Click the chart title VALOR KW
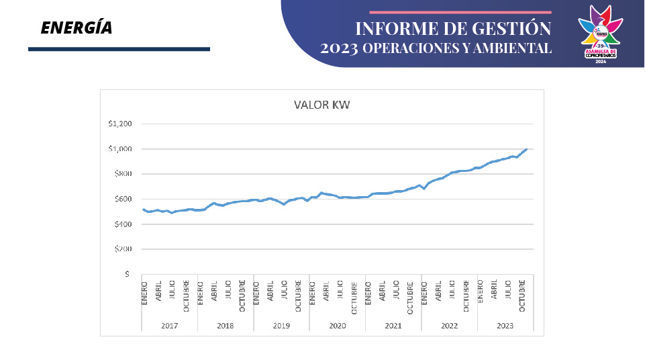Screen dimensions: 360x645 (321, 105)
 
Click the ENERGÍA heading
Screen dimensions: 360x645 (76, 28)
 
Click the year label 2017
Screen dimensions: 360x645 (169, 325)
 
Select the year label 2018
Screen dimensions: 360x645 (226, 325)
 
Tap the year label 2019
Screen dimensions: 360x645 (281, 325)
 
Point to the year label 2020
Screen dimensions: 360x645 (337, 325)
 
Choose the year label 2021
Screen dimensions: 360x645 (393, 325)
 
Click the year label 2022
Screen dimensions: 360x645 (449, 325)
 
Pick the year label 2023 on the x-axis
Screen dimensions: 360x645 (505, 325)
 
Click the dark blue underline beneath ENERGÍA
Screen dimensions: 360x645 (119, 49)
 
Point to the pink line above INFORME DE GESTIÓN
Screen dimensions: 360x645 (460, 12)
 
